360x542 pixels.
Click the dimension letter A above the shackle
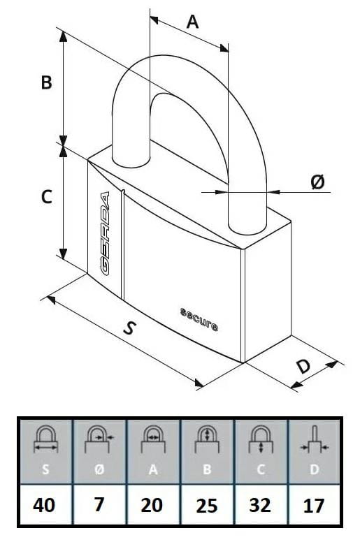(192, 22)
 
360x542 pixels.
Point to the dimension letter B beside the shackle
(46, 82)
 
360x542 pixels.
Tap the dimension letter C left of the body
(46, 196)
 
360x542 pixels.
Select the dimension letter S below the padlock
(129, 328)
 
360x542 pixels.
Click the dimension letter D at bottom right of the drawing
(304, 366)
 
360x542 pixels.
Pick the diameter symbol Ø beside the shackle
(318, 182)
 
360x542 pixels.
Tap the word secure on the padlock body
(199, 319)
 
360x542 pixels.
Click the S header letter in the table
(45, 469)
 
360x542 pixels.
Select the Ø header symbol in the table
(99, 469)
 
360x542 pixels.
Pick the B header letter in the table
(207, 469)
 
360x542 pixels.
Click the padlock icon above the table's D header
(315, 439)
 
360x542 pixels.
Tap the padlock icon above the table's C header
(261, 439)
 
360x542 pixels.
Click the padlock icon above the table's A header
(153, 439)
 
